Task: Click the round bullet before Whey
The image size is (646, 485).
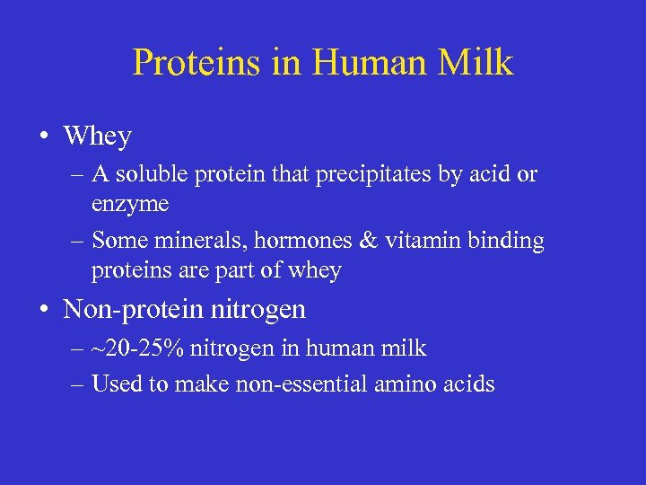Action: [x=44, y=137]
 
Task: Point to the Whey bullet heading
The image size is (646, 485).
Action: [x=97, y=137]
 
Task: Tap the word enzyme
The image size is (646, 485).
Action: [x=129, y=204]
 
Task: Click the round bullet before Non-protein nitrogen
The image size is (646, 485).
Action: [x=44, y=311]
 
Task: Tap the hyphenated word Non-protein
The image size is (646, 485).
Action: [x=135, y=311]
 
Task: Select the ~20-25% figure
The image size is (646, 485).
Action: [x=133, y=348]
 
